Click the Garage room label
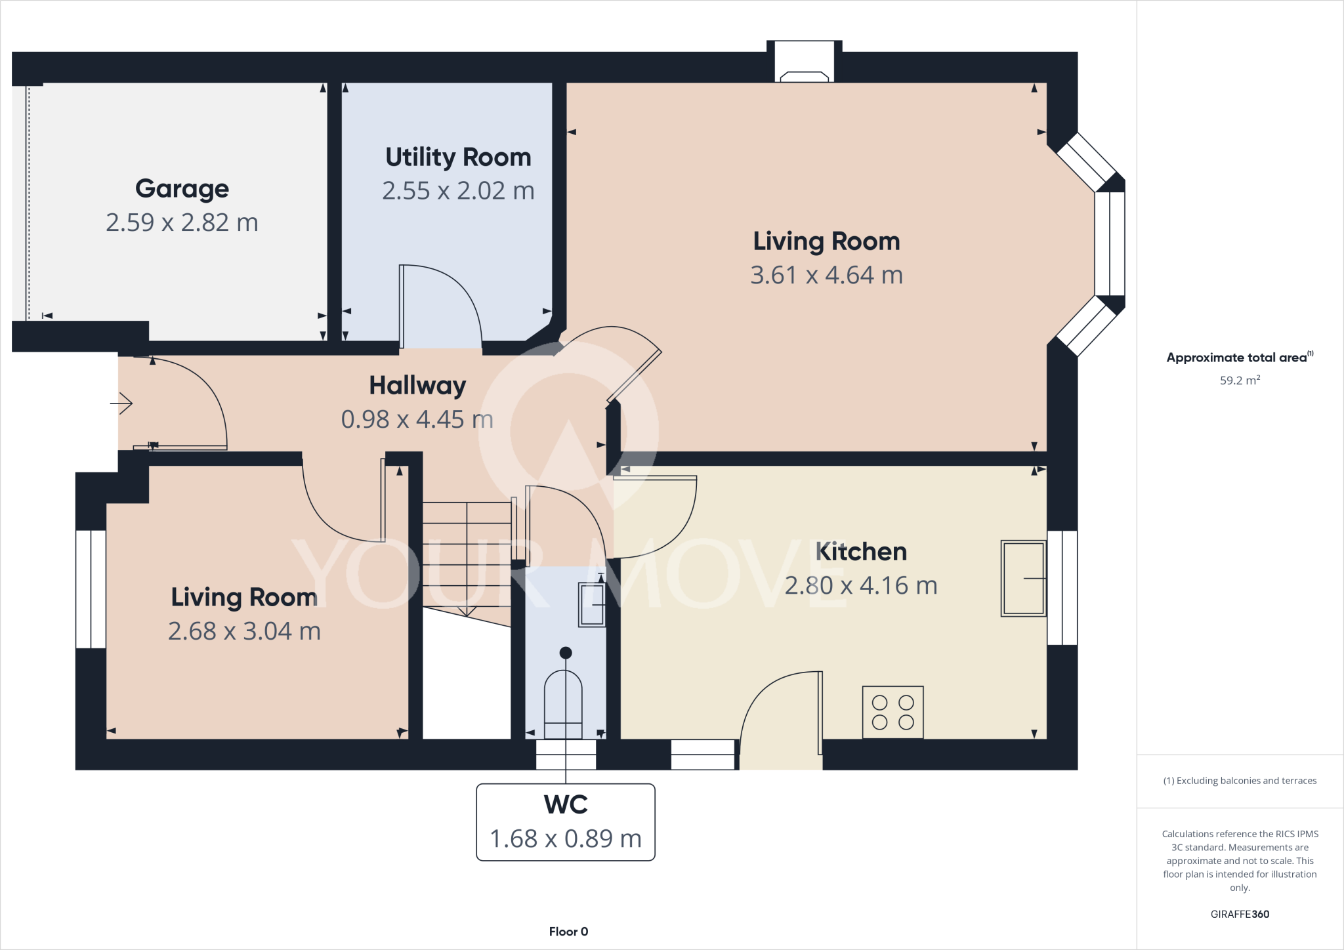tap(182, 189)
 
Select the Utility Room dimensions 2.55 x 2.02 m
tap(458, 191)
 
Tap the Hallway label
tap(417, 385)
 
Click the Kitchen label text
tap(861, 552)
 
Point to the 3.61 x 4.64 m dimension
tap(826, 275)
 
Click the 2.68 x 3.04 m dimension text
tap(244, 631)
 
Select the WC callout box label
tap(566, 805)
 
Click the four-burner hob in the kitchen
tap(892, 712)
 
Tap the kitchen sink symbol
tap(1022, 578)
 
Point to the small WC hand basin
tap(591, 604)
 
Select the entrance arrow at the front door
tap(122, 403)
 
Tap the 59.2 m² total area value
tap(1239, 381)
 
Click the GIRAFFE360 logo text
tap(1239, 914)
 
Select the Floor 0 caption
tap(568, 932)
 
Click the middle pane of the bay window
tap(1109, 243)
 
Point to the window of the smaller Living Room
tap(91, 589)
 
